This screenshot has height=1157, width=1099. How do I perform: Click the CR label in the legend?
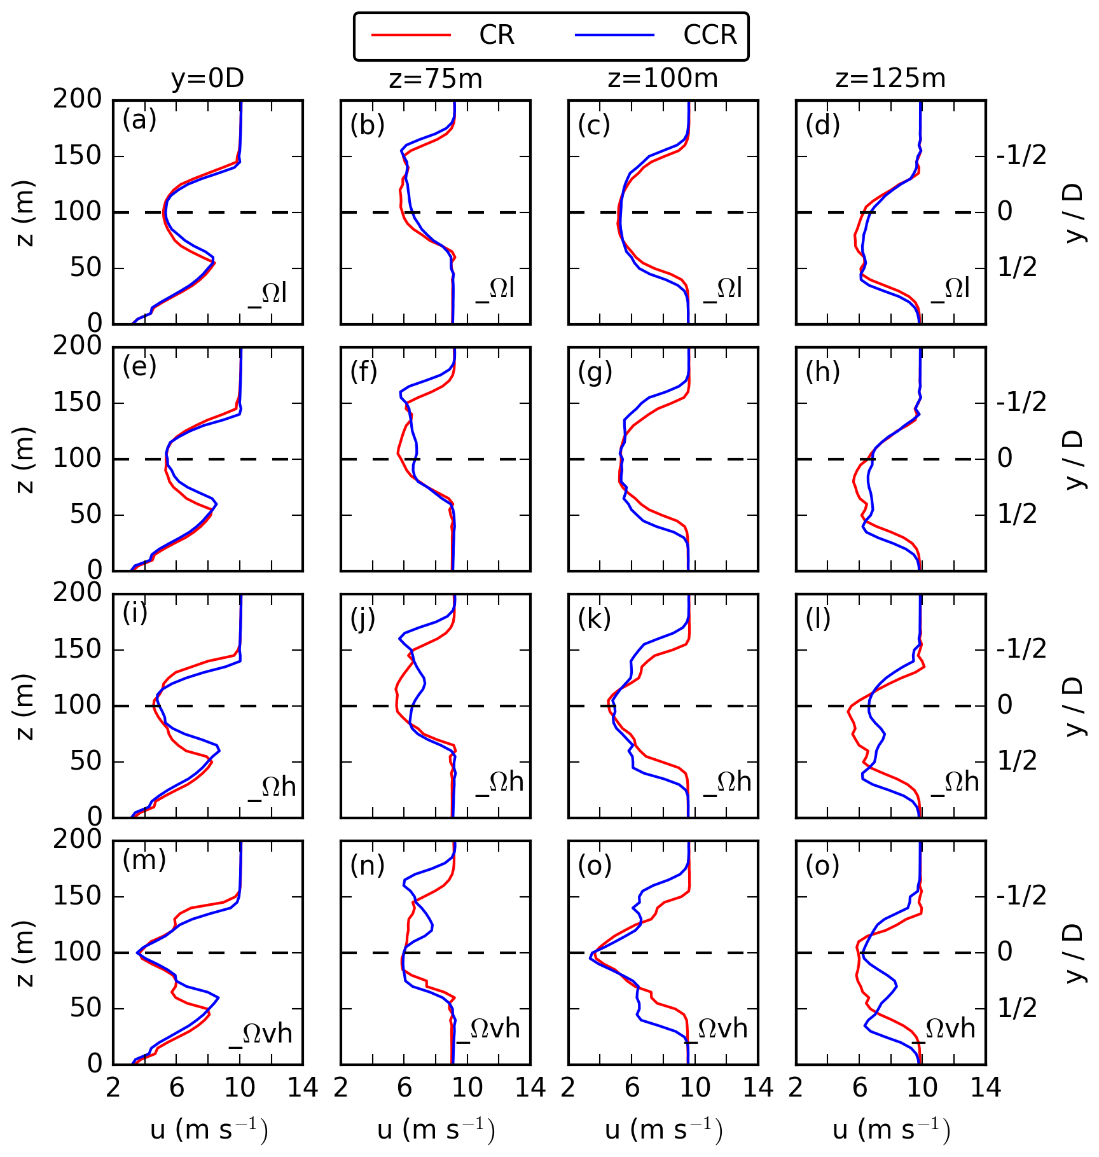(x=496, y=35)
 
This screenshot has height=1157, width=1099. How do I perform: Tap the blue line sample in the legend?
(x=614, y=35)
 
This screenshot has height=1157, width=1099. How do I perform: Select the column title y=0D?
(x=207, y=79)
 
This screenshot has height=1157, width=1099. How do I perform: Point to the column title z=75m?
(x=436, y=79)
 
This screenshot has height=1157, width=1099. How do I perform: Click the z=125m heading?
(x=890, y=79)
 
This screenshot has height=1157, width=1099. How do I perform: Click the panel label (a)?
(x=139, y=120)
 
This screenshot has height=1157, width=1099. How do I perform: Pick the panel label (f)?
(x=364, y=371)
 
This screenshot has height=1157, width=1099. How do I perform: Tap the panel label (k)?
(x=594, y=618)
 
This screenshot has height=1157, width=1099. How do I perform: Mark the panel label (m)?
(x=144, y=859)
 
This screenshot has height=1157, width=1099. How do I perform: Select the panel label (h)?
(x=822, y=371)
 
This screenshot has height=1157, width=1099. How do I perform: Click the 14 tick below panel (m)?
(x=303, y=1088)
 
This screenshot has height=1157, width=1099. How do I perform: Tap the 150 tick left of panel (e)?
(x=78, y=402)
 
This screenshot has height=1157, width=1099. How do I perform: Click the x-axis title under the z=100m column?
(x=663, y=1130)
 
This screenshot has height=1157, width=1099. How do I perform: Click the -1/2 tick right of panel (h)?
(x=1021, y=402)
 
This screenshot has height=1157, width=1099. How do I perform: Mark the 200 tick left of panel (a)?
(x=78, y=99)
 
